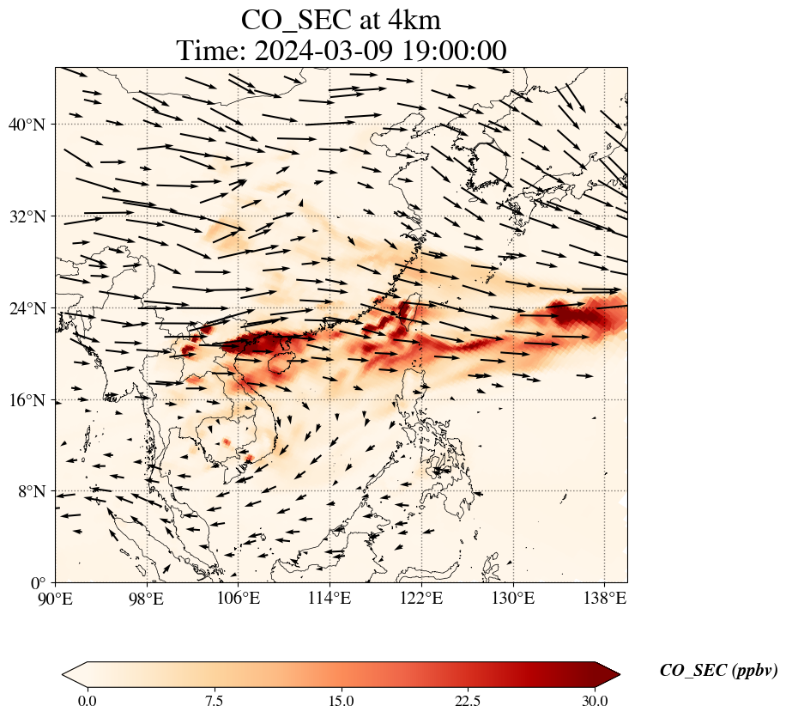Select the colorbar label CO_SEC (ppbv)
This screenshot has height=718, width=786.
coord(718,671)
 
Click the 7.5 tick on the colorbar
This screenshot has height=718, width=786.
coord(214,701)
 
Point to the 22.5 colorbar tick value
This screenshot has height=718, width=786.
coord(468,701)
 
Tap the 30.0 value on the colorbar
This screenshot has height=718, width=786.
coord(595,701)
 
